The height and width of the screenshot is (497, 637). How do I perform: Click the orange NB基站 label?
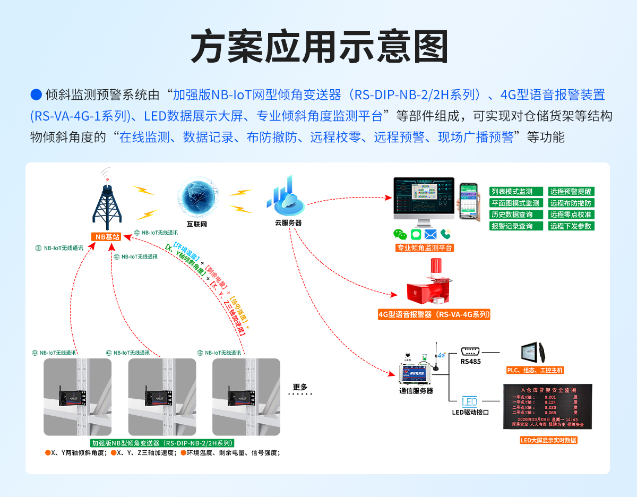point(106,237)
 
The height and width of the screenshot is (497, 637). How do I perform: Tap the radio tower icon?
point(108,201)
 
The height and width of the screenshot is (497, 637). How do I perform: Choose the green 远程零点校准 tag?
point(571,215)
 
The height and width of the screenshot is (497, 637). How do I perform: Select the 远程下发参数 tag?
point(571,226)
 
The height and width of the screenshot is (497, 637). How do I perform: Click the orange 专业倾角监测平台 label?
point(425,247)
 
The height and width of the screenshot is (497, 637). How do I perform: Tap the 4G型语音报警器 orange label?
point(433,314)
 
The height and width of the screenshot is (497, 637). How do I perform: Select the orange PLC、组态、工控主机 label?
point(535,370)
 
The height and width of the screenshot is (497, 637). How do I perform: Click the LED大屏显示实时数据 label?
point(548,440)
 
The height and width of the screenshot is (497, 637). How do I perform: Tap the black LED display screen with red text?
point(547,406)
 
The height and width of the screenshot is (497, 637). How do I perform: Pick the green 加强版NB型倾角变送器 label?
point(162,443)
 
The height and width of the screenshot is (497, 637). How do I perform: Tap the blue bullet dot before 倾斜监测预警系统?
point(36,95)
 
